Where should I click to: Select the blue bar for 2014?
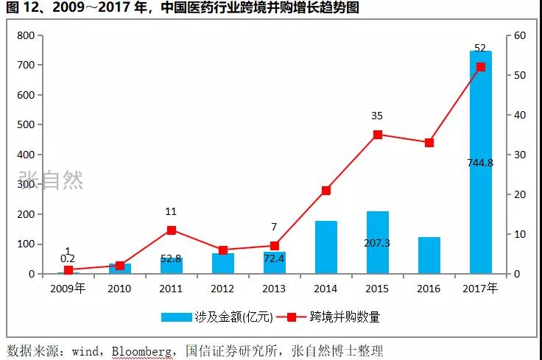(x=325, y=247)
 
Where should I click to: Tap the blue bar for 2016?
(x=429, y=255)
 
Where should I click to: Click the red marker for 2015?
(x=377, y=135)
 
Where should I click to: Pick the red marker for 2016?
(x=429, y=142)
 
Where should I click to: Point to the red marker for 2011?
(x=171, y=230)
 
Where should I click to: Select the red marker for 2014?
(x=325, y=190)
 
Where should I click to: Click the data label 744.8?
(x=480, y=162)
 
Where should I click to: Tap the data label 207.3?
(x=377, y=242)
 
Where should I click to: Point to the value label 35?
(x=377, y=116)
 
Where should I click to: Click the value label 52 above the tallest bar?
(x=480, y=48)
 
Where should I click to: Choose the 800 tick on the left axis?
(x=26, y=35)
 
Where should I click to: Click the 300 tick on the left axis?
(x=26, y=184)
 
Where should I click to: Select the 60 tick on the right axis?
(x=519, y=35)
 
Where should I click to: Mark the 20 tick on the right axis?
(x=519, y=194)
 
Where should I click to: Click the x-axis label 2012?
(x=222, y=288)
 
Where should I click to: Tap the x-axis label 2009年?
(x=68, y=288)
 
